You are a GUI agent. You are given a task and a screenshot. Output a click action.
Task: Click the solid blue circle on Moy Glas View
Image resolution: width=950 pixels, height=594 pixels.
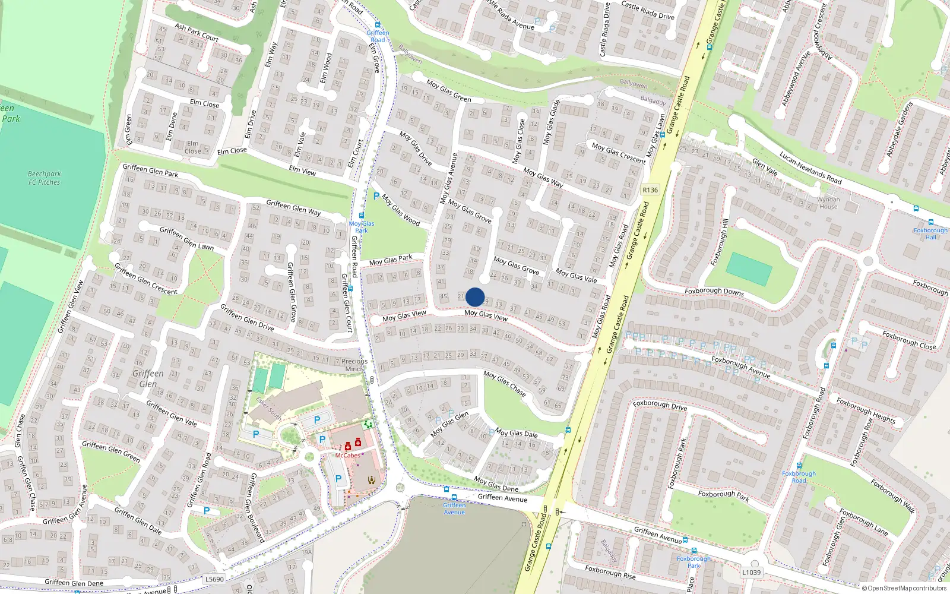click(475, 297)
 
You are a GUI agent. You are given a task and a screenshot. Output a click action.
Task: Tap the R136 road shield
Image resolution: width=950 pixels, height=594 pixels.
click(650, 190)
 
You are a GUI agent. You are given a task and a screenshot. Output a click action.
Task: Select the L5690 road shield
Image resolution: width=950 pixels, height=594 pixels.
click(214, 579)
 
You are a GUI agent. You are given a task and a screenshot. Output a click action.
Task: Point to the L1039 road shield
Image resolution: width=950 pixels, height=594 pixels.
click(751, 573)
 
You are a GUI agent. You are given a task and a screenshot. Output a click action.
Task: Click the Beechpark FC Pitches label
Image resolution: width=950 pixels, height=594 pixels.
click(45, 178)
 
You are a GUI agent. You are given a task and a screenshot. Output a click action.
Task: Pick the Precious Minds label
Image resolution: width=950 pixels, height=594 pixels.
click(354, 365)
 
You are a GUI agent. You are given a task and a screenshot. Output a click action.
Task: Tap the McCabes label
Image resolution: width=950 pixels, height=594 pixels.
click(347, 456)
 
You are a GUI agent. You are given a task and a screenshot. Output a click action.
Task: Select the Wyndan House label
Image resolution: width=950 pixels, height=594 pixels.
click(828, 203)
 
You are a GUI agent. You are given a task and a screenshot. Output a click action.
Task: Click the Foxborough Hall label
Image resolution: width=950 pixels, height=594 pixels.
click(930, 233)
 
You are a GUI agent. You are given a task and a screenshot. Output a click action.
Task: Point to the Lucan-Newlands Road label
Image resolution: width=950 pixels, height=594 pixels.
click(810, 168)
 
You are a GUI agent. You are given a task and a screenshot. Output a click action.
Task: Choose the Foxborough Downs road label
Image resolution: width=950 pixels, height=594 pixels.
click(714, 292)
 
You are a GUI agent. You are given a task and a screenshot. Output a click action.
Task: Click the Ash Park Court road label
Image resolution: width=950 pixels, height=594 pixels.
click(197, 32)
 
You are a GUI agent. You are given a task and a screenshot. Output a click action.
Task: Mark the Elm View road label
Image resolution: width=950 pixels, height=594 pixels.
click(302, 170)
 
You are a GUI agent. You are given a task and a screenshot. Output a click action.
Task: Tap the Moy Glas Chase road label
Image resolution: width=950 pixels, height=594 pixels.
click(505, 384)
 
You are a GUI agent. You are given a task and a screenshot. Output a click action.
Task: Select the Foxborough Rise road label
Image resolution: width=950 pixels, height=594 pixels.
click(610, 572)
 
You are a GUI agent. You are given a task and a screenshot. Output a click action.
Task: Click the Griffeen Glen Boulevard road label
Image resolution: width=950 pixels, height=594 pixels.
click(256, 508)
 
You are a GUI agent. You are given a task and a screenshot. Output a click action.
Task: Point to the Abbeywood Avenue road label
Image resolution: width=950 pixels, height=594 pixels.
click(796, 79)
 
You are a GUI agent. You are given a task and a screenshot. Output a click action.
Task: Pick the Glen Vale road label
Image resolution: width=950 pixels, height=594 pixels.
click(765, 167)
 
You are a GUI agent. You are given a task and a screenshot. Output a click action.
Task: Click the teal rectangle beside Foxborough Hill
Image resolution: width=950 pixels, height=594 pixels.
click(749, 268)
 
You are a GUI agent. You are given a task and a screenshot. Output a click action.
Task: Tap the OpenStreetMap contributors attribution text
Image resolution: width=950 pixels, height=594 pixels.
click(904, 589)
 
